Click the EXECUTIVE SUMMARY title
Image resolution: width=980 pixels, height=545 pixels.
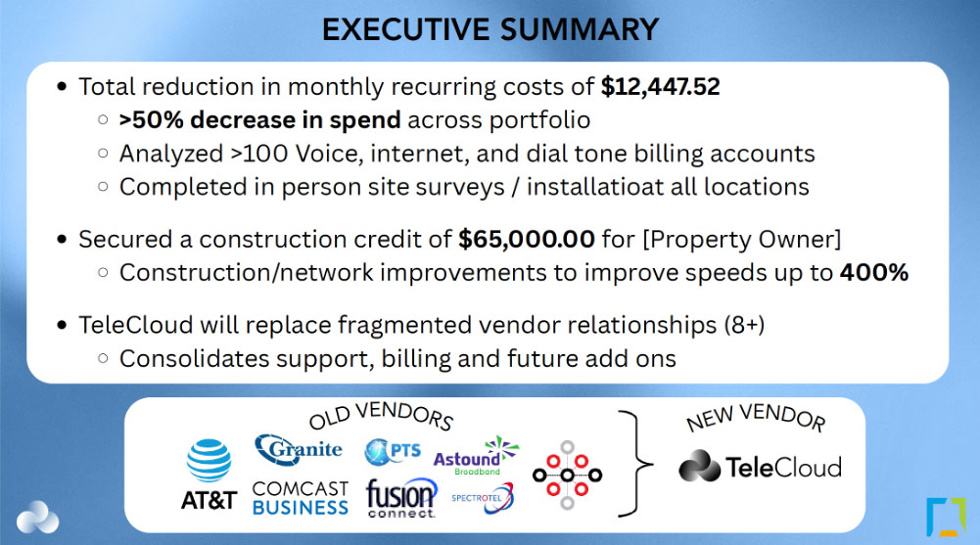(490, 29)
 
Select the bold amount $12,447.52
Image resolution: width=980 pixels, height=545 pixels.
(660, 87)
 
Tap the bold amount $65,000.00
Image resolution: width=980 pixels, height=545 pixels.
(527, 239)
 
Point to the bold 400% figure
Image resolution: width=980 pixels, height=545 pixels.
(873, 272)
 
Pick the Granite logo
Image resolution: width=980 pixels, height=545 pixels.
(299, 449)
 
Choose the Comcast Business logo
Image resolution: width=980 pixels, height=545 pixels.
(300, 498)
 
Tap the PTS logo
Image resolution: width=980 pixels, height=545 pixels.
(393, 451)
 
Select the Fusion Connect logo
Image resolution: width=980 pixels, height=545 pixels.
(401, 498)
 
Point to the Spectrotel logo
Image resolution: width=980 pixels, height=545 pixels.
(483, 498)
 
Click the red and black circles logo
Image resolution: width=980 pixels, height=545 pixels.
(567, 476)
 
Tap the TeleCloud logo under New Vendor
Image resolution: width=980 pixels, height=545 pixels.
(760, 467)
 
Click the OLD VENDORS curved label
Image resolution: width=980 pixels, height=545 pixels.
(381, 416)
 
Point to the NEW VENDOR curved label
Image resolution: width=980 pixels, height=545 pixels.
(756, 417)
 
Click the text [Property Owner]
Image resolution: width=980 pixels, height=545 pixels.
(742, 240)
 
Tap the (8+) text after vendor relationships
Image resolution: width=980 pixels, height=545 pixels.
(744, 325)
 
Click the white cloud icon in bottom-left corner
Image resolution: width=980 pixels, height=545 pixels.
(37, 518)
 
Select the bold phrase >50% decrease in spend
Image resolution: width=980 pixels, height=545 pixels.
(260, 120)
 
